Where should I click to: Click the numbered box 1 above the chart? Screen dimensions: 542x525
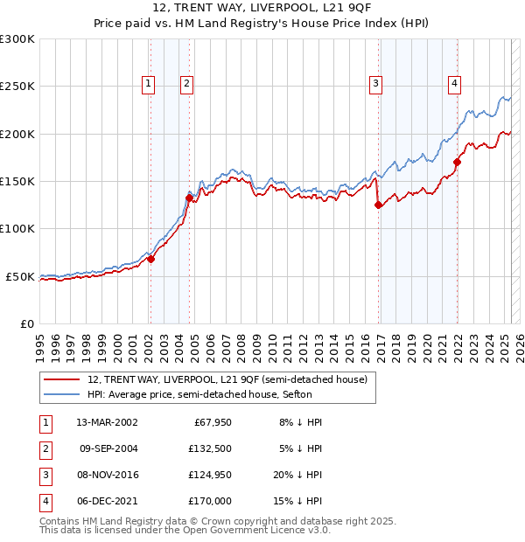149,84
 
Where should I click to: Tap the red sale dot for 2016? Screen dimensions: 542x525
379,205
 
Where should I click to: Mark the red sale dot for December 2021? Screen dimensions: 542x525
458,162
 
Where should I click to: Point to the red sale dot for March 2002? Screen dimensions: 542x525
150,259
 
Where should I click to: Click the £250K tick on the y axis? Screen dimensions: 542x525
18,87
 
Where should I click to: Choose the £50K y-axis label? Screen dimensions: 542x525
21,276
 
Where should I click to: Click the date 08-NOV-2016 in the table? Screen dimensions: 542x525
108,475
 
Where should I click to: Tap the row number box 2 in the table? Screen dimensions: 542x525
44,448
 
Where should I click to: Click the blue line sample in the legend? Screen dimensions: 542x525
61,394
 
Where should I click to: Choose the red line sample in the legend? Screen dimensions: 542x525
61,379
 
